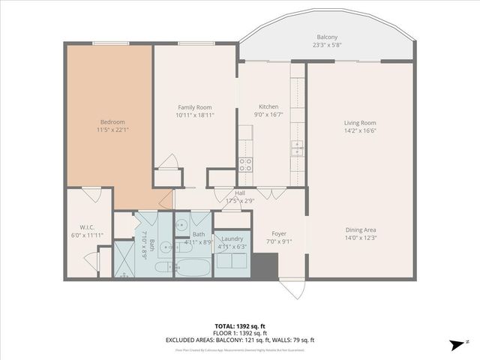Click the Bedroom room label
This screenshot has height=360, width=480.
click(x=112, y=122)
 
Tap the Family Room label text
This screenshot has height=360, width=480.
click(x=194, y=107)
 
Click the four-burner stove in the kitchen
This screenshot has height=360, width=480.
click(x=245, y=164)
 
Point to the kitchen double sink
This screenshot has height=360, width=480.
click(x=298, y=147)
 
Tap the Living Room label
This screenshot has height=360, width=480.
click(x=360, y=123)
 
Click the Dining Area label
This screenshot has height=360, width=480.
click(x=360, y=229)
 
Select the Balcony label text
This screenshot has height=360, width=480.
click(x=326, y=37)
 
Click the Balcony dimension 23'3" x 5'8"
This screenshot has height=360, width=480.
click(x=326, y=45)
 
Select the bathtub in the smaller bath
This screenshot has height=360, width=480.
click(x=193, y=267)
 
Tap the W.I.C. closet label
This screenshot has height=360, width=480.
click(x=85, y=228)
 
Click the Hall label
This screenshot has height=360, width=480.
click(x=240, y=193)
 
